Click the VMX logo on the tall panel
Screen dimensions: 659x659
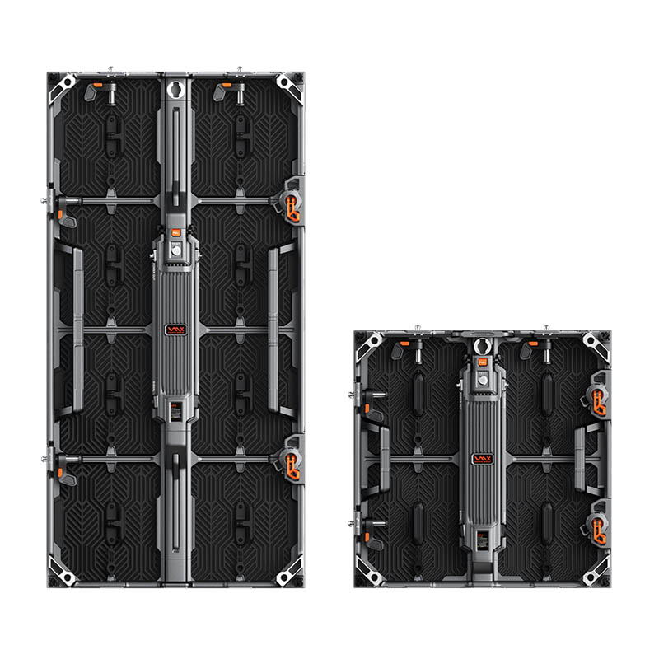coord(175,328)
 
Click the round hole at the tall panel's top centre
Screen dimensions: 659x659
coord(175,88)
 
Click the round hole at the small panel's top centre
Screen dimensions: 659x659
coord(481,345)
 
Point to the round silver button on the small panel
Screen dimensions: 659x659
coord(481,381)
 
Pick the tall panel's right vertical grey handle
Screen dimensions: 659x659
coord(273,329)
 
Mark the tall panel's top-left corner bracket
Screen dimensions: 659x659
coord(61,86)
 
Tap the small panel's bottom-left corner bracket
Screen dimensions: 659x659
coord(368,573)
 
